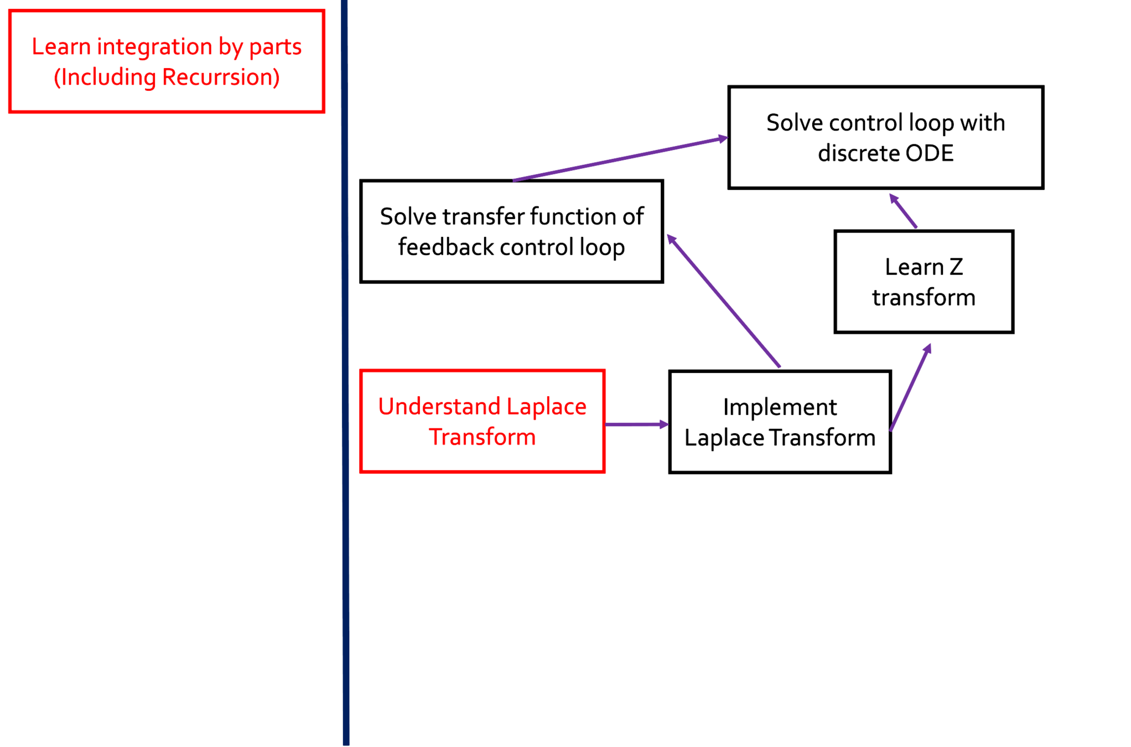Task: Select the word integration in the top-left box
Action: pyautogui.click(x=154, y=46)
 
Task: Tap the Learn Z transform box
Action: pyautogui.click(x=923, y=282)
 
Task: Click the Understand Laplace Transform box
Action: pyautogui.click(x=482, y=421)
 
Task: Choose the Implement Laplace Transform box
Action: pyautogui.click(x=779, y=422)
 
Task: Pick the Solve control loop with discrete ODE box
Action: pyautogui.click(x=885, y=137)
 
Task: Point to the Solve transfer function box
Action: pyautogui.click(x=511, y=231)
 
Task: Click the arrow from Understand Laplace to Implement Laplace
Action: pyautogui.click(x=636, y=424)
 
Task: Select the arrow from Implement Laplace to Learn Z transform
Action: pyautogui.click(x=910, y=387)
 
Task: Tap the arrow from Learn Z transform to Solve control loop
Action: pyautogui.click(x=903, y=211)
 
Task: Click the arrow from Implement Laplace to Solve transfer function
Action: pyautogui.click(x=724, y=302)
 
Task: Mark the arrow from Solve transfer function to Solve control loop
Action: pyautogui.click(x=620, y=159)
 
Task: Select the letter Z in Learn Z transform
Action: pyautogui.click(x=956, y=267)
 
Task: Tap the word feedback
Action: pyautogui.click(x=445, y=247)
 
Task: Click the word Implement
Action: pyautogui.click(x=779, y=407)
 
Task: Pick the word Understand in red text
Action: pyautogui.click(x=439, y=407)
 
